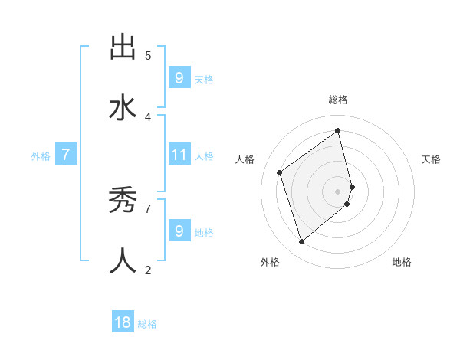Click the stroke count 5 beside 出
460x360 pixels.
(148, 56)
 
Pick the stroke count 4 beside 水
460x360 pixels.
(148, 116)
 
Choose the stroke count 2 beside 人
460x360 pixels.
(148, 270)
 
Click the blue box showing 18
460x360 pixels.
(123, 322)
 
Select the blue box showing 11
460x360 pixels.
(179, 155)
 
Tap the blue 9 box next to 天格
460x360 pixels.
(179, 78)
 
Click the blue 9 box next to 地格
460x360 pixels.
(179, 231)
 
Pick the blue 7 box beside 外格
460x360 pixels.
(66, 155)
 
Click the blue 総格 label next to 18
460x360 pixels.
(147, 324)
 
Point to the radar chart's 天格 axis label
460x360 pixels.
(431, 159)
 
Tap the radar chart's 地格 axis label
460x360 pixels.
(402, 262)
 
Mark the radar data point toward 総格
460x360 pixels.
(338, 131)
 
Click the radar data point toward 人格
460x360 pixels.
(280, 172)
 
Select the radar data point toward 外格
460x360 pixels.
(301, 242)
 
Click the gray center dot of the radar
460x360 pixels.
(338, 191)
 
